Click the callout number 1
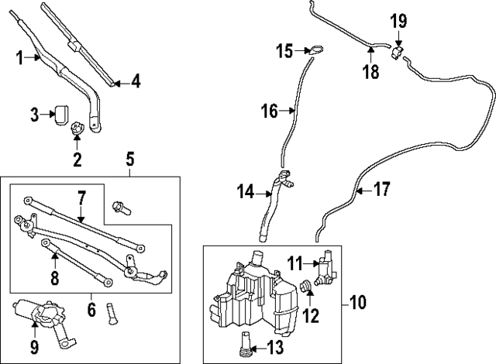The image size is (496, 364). (x=20, y=58)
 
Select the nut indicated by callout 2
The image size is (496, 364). (x=77, y=129)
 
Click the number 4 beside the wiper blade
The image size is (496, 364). (x=136, y=82)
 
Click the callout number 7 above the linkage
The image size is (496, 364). (x=81, y=198)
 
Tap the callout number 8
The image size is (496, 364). (x=55, y=279)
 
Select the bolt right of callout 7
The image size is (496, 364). (x=122, y=208)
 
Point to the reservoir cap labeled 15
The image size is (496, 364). (x=316, y=50)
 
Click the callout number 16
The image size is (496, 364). (x=270, y=112)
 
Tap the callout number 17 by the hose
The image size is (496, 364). (x=382, y=189)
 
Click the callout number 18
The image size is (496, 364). (x=371, y=71)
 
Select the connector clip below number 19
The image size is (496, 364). (x=398, y=52)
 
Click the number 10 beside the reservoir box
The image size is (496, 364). (x=358, y=302)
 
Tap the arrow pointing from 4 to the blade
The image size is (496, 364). (x=122, y=84)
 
